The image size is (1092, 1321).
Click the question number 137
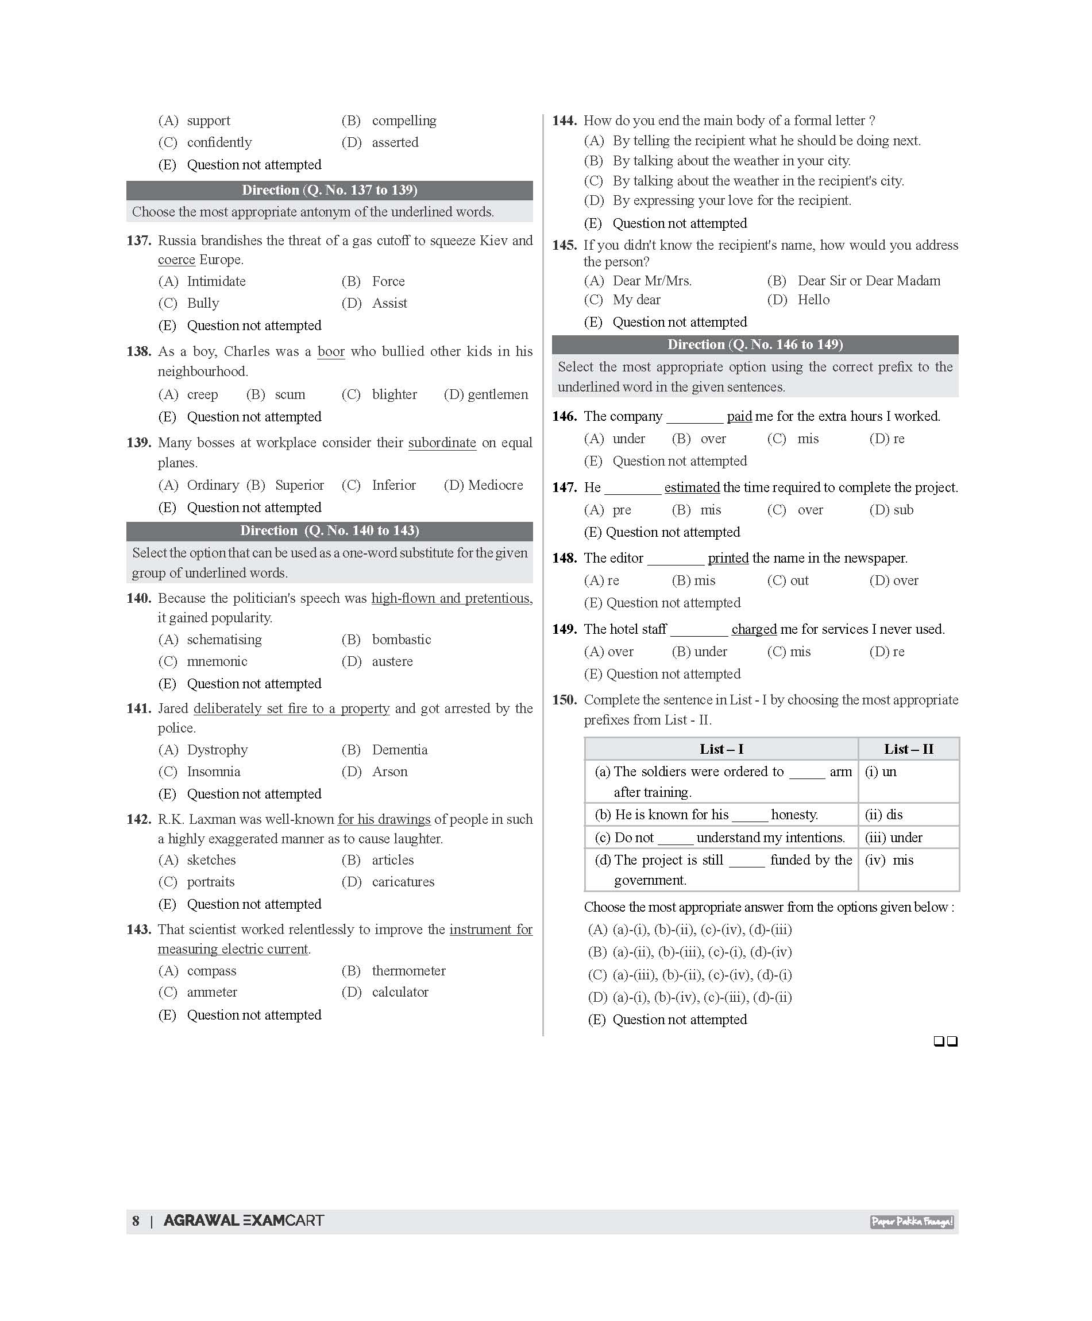pyautogui.click(x=138, y=241)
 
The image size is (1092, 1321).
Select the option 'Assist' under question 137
pyautogui.click(x=389, y=303)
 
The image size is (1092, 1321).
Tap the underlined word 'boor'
pyautogui.click(x=331, y=351)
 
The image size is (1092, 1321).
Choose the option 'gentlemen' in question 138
pyautogui.click(x=497, y=394)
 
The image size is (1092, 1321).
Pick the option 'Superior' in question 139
pyautogui.click(x=299, y=485)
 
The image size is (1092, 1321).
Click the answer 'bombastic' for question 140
pyautogui.click(x=402, y=640)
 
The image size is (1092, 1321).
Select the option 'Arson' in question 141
pyautogui.click(x=389, y=772)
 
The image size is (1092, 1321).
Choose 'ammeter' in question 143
pyautogui.click(x=212, y=991)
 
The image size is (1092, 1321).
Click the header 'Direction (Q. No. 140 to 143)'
pyautogui.click(x=330, y=530)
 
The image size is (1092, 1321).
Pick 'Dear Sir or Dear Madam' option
pyautogui.click(x=869, y=280)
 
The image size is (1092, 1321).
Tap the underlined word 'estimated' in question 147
pyautogui.click(x=692, y=487)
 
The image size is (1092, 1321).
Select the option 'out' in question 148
pyautogui.click(x=799, y=580)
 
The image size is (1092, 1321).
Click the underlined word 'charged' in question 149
pyautogui.click(x=754, y=629)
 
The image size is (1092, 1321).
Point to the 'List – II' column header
pyautogui.click(x=908, y=749)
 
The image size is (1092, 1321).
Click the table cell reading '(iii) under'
pyautogui.click(x=894, y=838)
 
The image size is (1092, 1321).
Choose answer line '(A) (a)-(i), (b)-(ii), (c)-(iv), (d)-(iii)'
pyautogui.click(x=690, y=929)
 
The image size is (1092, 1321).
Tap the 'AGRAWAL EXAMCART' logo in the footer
pyautogui.click(x=244, y=1221)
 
